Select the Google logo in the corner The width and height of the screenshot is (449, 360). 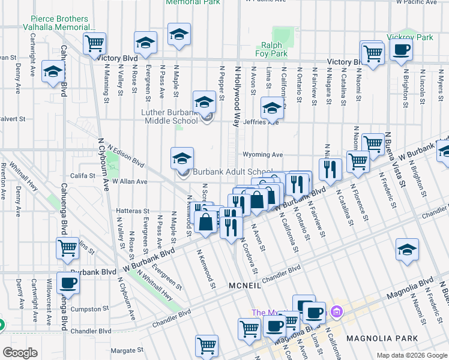[20, 352]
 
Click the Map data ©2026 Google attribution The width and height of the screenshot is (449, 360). [411, 355]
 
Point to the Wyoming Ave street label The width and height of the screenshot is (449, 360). [262, 154]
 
